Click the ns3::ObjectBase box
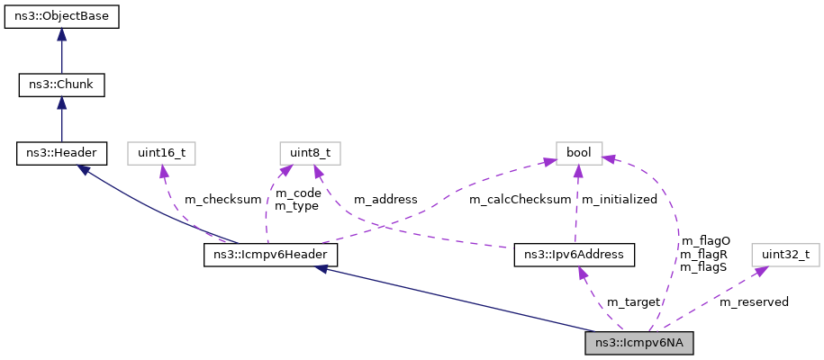click(x=61, y=17)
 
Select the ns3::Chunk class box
click(x=61, y=85)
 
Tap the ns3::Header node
click(x=61, y=153)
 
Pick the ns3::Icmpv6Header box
click(x=270, y=256)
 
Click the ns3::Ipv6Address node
click(x=575, y=256)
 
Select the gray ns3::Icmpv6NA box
click(x=639, y=343)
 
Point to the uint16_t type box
click(x=161, y=153)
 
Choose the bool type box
click(x=577, y=153)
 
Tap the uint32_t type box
click(x=785, y=256)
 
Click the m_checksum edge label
click(x=216, y=199)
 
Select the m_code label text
click(x=297, y=193)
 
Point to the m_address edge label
click(x=385, y=199)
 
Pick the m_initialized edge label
click(x=619, y=199)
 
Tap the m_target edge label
click(x=633, y=301)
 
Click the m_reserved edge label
click(x=754, y=301)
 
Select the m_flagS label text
click(x=704, y=266)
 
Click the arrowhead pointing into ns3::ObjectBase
click(x=61, y=33)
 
